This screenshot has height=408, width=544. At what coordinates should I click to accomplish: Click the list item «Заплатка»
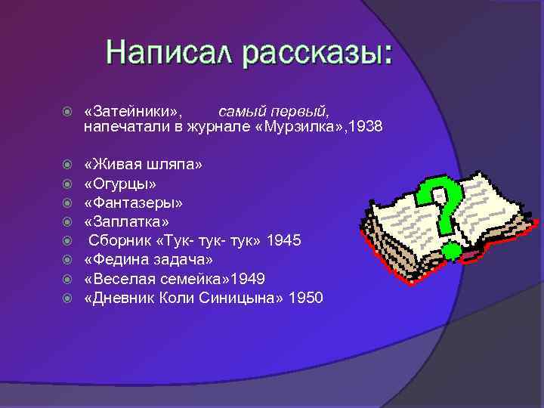tap(127, 221)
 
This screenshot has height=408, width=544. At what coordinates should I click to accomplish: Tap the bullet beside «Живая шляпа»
tap(68, 164)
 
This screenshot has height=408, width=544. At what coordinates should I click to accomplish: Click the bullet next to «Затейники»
tap(68, 112)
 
